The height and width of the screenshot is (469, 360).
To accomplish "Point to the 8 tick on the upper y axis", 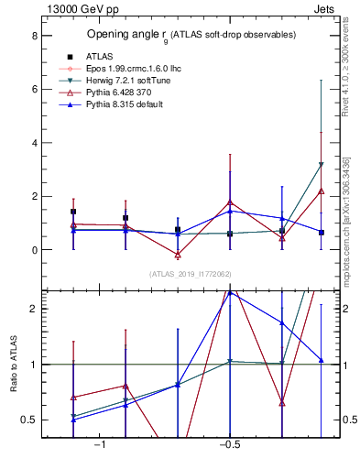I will [34, 36].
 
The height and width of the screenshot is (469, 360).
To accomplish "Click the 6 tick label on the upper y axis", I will [34, 89].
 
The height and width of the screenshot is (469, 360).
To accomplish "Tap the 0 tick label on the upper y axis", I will [34, 250].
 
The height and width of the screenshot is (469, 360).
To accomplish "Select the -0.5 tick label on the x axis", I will [228, 445].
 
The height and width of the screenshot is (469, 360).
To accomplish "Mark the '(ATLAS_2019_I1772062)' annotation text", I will [191, 274].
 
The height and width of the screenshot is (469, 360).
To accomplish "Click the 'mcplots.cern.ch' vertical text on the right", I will [347, 202].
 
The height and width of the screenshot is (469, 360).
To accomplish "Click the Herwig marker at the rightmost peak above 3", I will [322, 165].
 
